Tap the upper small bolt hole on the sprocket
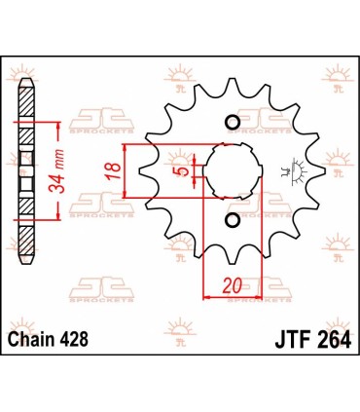point(233,122)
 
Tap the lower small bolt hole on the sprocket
point(233,223)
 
